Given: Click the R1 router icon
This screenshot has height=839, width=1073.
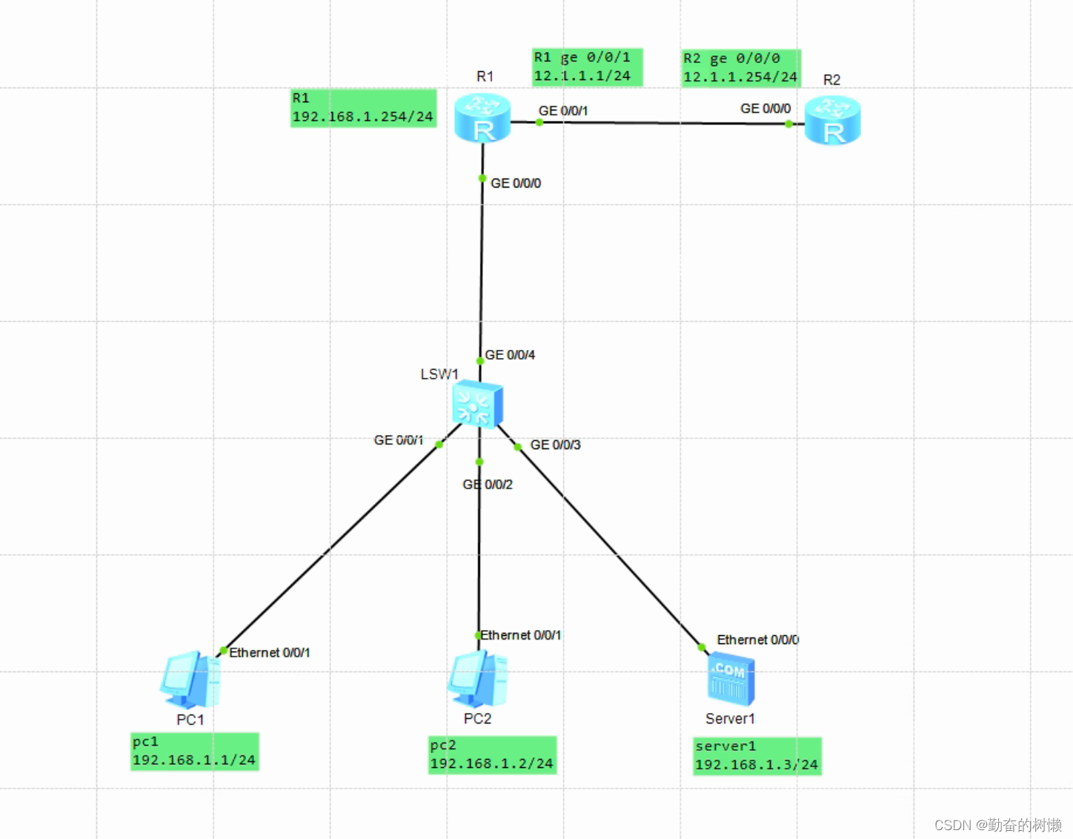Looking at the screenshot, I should [482, 118].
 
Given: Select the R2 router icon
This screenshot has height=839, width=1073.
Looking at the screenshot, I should [832, 120].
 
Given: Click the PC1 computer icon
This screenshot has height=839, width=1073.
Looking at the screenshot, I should [190, 680].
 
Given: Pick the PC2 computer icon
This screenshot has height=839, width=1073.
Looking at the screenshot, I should [477, 678].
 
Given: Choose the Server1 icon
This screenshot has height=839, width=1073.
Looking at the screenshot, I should [731, 679].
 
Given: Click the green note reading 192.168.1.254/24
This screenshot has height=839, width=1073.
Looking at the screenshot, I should [363, 108].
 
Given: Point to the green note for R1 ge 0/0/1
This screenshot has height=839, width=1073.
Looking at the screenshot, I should [587, 67].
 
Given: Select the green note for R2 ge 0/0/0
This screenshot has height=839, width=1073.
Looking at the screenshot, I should [740, 68].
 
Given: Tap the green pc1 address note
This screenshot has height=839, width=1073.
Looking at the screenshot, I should [194, 752].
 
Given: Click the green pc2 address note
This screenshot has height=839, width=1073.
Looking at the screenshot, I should [492, 755].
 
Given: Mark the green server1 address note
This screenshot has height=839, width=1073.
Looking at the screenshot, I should [757, 756].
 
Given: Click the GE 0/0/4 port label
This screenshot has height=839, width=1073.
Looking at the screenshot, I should [510, 355].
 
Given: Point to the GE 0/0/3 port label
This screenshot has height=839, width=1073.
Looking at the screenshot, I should [555, 445].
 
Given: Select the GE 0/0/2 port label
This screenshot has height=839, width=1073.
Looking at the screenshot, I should [488, 485].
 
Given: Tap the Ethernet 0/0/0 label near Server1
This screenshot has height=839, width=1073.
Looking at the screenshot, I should [757, 640].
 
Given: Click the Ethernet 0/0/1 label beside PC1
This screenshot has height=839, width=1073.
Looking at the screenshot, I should [270, 653].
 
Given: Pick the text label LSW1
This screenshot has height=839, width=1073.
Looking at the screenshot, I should [439, 374].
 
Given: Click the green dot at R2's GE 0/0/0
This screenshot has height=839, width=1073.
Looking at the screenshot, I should [789, 125].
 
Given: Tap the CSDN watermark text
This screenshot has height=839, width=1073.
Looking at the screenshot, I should [997, 825].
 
